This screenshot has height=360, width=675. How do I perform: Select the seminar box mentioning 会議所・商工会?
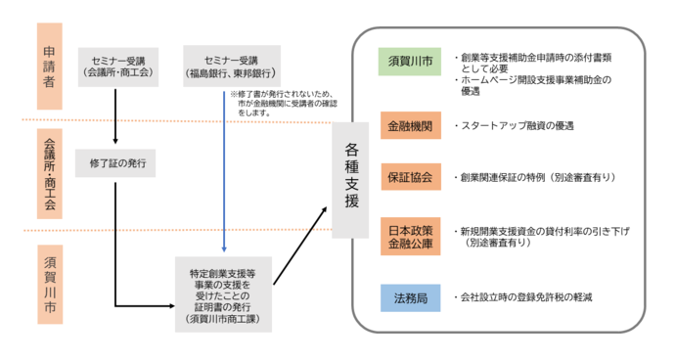[116, 64]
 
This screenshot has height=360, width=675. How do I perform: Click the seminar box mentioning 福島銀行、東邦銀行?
[232, 64]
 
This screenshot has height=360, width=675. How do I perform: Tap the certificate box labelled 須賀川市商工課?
[225, 292]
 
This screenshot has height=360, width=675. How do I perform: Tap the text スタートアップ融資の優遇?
[515, 126]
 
